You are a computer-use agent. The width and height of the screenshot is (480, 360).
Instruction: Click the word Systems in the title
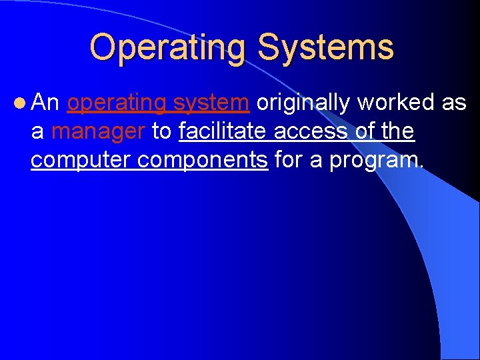click(325, 48)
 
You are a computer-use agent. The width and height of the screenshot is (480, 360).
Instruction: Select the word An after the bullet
click(46, 103)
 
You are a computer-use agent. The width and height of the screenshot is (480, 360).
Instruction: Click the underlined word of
click(365, 132)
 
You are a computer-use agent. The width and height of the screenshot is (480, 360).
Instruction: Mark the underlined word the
click(399, 132)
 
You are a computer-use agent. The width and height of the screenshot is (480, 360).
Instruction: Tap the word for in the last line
click(289, 161)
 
